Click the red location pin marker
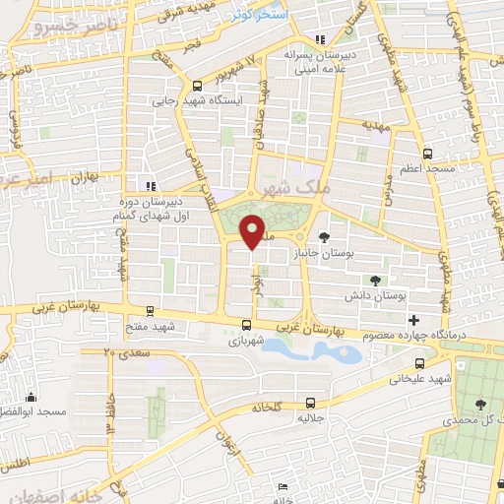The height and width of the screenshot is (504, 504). click(x=254, y=231)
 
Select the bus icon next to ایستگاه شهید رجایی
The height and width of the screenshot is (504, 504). click(x=198, y=86)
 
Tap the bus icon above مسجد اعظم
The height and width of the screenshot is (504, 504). click(x=426, y=154)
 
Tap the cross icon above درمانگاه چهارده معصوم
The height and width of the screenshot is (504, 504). click(x=413, y=320)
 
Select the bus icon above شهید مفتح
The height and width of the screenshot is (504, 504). click(x=149, y=309)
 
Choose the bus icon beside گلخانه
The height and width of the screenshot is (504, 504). click(x=311, y=402)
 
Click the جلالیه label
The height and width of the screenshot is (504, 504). click(x=310, y=418)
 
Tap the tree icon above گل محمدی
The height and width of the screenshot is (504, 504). click(x=479, y=404)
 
